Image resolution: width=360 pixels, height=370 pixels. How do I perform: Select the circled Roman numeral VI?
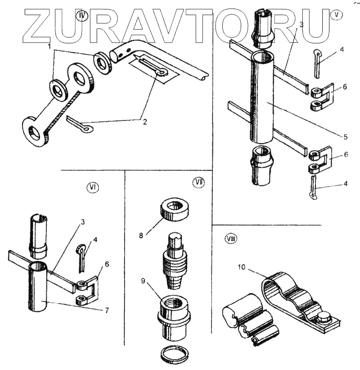pos(94,187)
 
